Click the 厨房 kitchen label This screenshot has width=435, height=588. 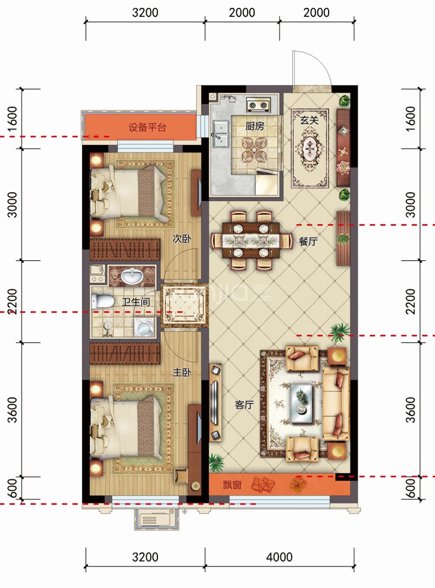click(255, 126)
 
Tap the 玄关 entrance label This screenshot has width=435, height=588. click(309, 121)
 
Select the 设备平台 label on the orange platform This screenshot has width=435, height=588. click(147, 128)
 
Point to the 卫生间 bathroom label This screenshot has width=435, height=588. click(136, 302)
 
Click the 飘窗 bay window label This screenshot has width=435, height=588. click(232, 485)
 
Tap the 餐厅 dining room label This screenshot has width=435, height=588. click(308, 241)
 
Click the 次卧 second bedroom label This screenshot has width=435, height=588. click(182, 238)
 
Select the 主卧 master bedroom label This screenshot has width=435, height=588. click(182, 373)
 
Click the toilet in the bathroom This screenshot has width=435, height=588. click(103, 302)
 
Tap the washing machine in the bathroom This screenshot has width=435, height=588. click(144, 327)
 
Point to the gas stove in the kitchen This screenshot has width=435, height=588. click(259, 105)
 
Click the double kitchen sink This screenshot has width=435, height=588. click(221, 134)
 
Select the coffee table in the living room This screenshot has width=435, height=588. click(301, 403)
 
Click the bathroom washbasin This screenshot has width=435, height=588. click(132, 276)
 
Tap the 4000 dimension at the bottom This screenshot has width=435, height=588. click(279, 557)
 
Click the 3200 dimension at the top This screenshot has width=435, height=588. click(145, 13)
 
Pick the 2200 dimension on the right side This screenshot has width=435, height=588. click(410, 302)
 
